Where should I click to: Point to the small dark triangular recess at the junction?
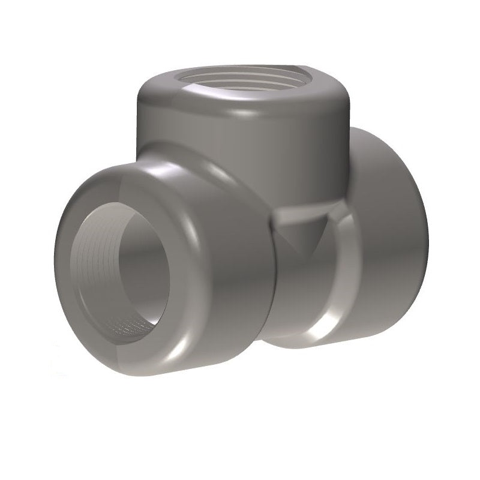(x=303, y=234)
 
